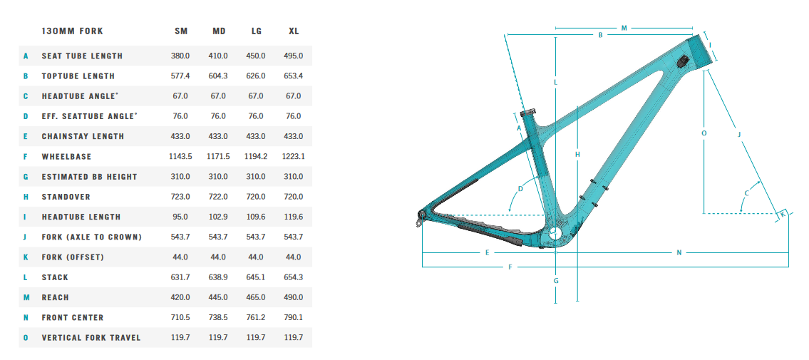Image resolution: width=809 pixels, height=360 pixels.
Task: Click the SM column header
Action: pyautogui.click(x=180, y=31)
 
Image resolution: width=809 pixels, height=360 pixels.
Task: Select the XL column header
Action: pyautogui.click(x=294, y=31)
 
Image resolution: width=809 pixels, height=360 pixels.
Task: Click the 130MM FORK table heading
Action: pyautogui.click(x=72, y=31)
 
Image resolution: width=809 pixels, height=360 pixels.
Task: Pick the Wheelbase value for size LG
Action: pyautogui.click(x=256, y=156)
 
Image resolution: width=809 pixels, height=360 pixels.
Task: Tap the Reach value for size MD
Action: pyautogui.click(x=218, y=297)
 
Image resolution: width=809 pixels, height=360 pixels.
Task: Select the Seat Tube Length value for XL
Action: pyautogui.click(x=294, y=56)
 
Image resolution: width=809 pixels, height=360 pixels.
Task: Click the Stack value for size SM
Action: pyautogui.click(x=180, y=277)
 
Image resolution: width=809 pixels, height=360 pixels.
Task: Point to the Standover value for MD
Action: pyautogui.click(x=218, y=197)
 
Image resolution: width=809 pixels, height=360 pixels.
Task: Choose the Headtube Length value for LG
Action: pyautogui.click(x=256, y=217)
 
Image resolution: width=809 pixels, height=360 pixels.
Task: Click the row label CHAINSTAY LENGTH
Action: pyautogui.click(x=83, y=137)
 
